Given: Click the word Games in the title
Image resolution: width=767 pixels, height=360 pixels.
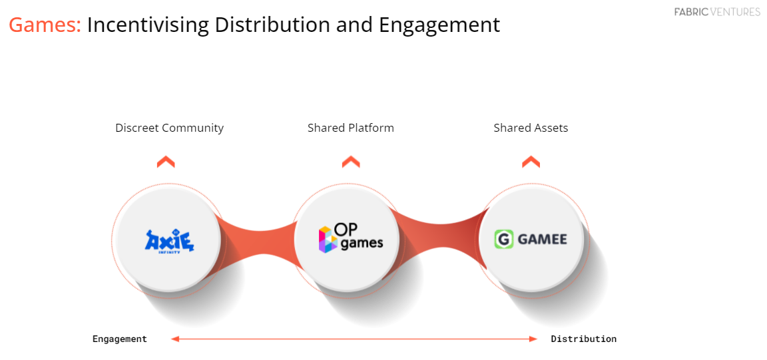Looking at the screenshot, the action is coord(44,25).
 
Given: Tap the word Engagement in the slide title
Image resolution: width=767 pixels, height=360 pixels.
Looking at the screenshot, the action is coord(439,25).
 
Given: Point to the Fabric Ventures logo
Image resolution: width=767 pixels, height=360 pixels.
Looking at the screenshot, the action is coord(716,12).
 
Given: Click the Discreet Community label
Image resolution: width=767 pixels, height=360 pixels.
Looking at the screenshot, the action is coord(169,128).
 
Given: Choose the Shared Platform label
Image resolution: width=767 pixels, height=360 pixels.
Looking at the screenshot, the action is coord(350,128).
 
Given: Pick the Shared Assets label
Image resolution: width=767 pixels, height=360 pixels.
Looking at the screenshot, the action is coord(531,128).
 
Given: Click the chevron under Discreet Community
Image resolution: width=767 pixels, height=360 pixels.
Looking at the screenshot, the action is coord(166,162).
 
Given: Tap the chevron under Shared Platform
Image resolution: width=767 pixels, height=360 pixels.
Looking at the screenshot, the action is coord(351,162).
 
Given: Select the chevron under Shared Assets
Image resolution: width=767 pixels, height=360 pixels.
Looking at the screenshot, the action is coord(531,162).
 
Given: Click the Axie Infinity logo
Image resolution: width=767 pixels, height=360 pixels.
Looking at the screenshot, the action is coord(169,241).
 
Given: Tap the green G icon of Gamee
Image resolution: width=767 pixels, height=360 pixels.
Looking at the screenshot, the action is coord(504,239).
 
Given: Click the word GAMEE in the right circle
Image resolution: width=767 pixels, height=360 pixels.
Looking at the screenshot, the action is coord(542,239).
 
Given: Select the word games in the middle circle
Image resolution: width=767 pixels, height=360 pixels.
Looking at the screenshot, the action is coord(362,244).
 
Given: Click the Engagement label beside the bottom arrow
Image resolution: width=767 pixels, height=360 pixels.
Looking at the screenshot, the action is coord(120,339).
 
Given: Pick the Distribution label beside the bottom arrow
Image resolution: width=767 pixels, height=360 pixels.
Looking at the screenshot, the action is coord(583,339).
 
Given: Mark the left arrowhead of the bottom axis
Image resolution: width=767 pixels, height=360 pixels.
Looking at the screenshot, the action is coord(175,339).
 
